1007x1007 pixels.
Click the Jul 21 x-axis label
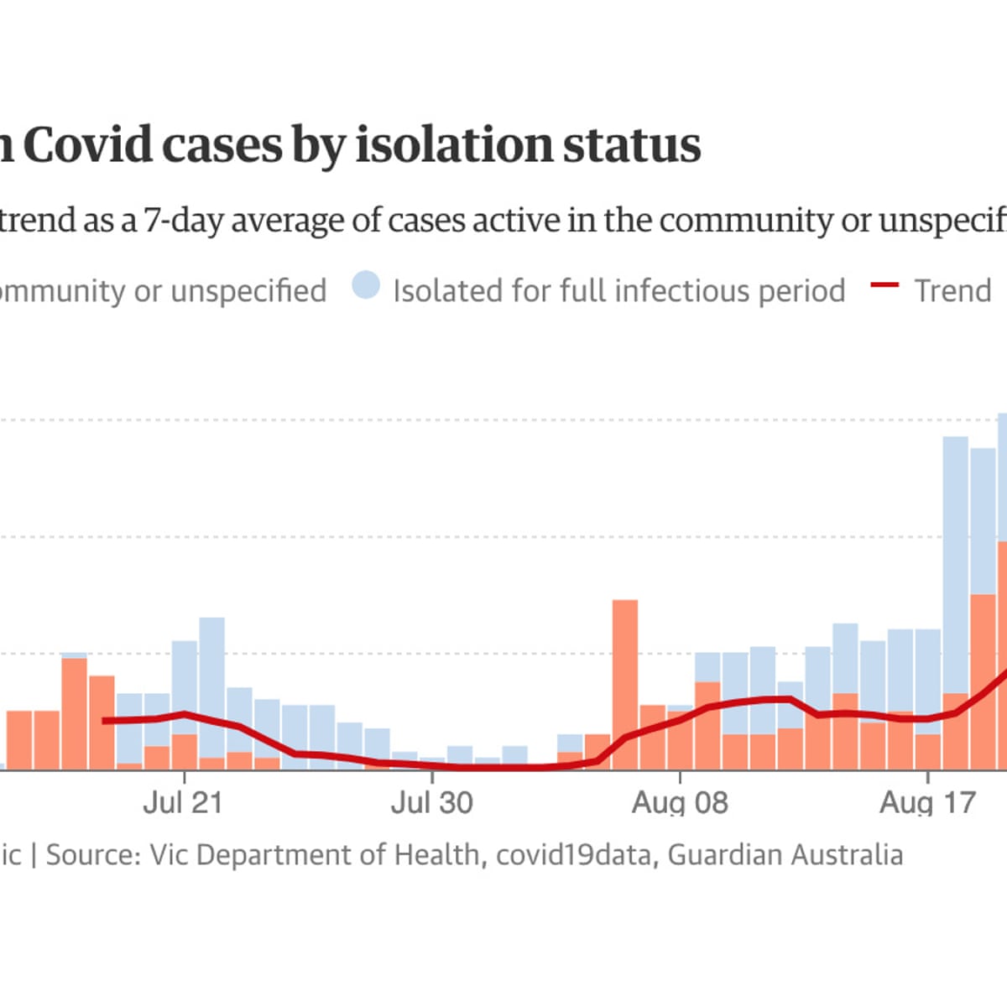tap(183, 803)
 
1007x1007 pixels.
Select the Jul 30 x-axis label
tap(431, 803)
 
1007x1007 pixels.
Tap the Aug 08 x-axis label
tap(680, 803)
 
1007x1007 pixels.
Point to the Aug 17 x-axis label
tap(927, 803)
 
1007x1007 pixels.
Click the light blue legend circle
tap(366, 286)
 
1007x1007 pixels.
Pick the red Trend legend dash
tap(884, 286)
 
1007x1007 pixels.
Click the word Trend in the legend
tap(952, 291)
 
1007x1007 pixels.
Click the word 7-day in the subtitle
tap(185, 221)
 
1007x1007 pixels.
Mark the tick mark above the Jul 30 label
tap(431, 775)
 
